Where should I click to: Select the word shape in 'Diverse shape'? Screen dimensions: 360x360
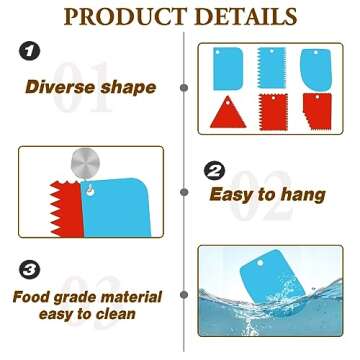click(130, 88)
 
